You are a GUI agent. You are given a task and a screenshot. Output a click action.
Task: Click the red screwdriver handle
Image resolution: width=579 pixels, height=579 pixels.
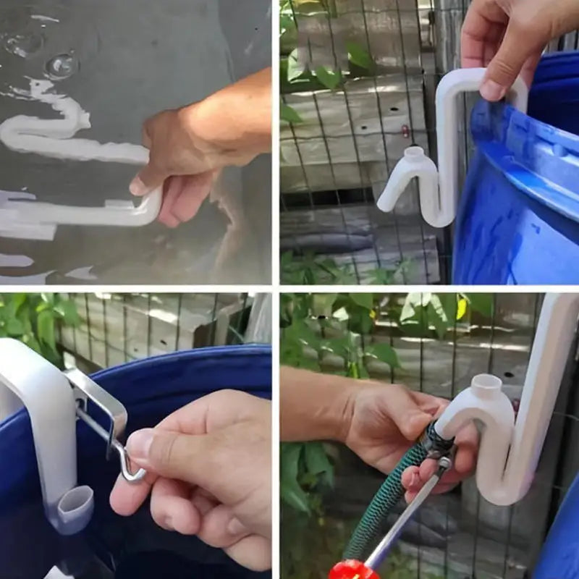(352, 570)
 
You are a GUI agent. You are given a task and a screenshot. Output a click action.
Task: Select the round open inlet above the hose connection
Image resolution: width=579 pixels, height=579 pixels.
(486, 387)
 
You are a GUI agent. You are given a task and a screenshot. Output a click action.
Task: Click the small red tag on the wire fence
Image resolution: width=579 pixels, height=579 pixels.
(405, 131)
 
